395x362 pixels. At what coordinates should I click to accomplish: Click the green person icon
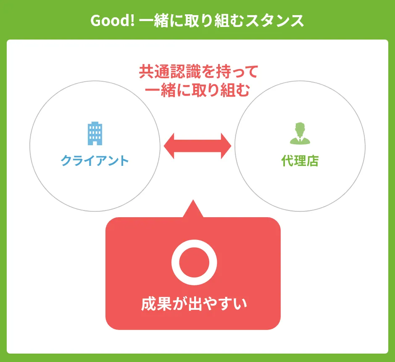coord(300,133)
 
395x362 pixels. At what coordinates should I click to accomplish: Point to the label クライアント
coord(95,161)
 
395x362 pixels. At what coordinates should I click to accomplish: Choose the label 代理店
coord(300,161)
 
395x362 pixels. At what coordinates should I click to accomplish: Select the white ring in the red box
coord(194,261)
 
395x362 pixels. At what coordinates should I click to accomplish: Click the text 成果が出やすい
coord(194,304)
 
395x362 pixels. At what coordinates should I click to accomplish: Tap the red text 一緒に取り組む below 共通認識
coord(197,90)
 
